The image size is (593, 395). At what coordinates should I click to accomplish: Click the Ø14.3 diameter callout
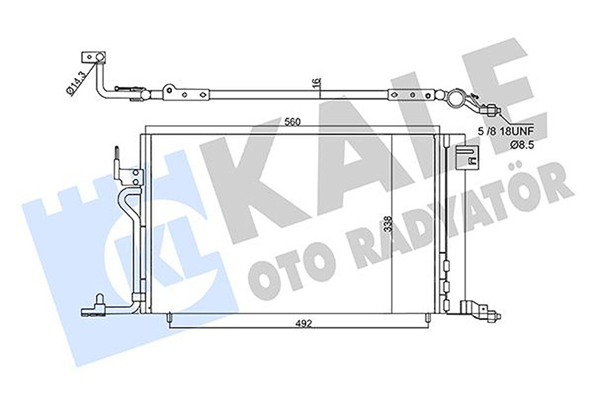[x=74, y=82]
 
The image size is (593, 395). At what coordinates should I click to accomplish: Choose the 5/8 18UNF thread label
[x=512, y=132]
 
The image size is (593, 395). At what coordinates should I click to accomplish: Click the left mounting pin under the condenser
[x=170, y=318]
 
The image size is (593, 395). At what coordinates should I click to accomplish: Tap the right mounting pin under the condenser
[x=427, y=318]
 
